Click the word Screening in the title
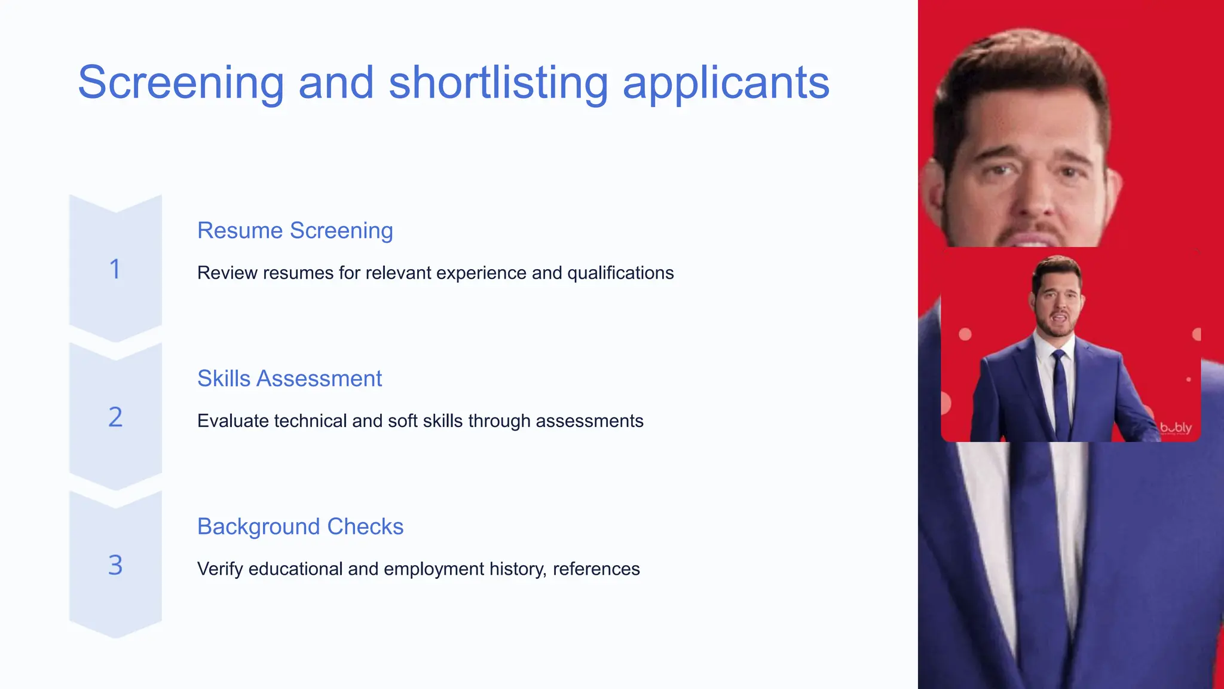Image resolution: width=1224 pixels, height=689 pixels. click(x=180, y=83)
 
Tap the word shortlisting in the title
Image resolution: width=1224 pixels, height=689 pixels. click(x=498, y=83)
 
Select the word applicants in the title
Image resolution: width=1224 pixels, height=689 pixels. click(x=726, y=83)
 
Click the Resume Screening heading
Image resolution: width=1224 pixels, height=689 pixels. click(x=295, y=230)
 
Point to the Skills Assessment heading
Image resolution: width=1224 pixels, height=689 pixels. click(x=289, y=379)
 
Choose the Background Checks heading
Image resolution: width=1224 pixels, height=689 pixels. click(x=300, y=526)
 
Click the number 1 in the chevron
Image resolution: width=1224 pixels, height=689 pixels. click(x=115, y=269)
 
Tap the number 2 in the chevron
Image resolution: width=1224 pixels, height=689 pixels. click(x=115, y=417)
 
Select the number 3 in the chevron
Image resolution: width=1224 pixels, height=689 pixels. click(x=115, y=565)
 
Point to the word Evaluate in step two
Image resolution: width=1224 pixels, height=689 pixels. click(x=232, y=420)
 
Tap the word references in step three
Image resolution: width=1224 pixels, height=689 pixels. click(x=596, y=569)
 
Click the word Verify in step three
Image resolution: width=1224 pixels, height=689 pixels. click(x=219, y=569)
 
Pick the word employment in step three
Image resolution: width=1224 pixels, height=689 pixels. click(x=433, y=569)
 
